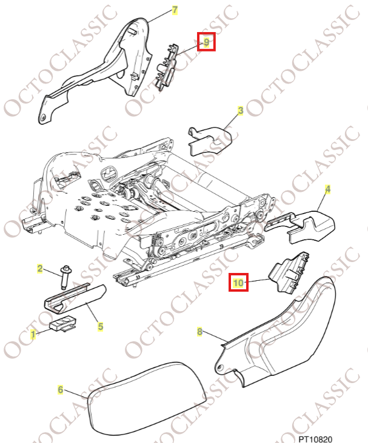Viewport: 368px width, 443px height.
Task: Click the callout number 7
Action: point(175,10)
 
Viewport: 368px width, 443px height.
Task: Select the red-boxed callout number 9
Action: point(206,42)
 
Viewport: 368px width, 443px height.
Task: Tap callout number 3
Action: point(241,111)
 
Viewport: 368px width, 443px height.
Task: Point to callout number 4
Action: point(327,190)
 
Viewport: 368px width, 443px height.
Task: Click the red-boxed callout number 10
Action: point(238,282)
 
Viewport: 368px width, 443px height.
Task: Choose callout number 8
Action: point(199,331)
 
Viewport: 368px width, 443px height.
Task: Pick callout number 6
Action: point(60,389)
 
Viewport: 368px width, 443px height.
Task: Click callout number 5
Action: point(100,326)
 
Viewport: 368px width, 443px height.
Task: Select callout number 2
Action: point(40,268)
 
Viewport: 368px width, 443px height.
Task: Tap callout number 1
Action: point(33,332)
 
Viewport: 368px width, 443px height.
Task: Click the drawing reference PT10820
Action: point(315,437)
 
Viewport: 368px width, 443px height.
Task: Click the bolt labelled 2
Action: point(62,278)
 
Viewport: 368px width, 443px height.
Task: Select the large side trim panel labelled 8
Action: point(285,339)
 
